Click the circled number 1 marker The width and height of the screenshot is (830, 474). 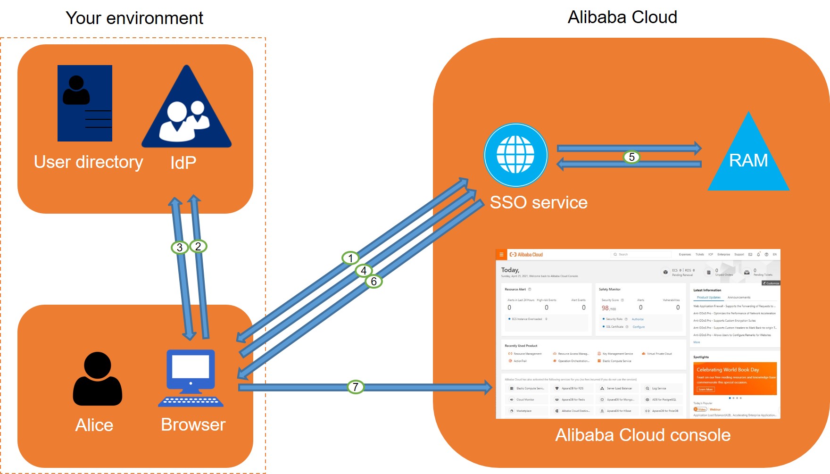pyautogui.click(x=350, y=258)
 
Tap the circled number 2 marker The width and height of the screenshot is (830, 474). pyautogui.click(x=198, y=246)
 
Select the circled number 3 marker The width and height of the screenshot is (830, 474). pyautogui.click(x=180, y=247)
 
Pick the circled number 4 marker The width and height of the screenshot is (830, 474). pyautogui.click(x=364, y=271)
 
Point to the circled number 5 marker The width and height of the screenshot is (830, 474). pyautogui.click(x=631, y=157)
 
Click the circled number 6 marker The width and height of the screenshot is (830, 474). pyautogui.click(x=373, y=282)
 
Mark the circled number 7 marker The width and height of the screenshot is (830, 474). pyautogui.click(x=356, y=387)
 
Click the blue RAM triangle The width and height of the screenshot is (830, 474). pyautogui.click(x=748, y=158)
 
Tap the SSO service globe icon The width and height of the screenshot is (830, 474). pyautogui.click(x=515, y=155)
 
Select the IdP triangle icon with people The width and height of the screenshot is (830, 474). pyautogui.click(x=187, y=111)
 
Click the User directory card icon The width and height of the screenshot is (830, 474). pyautogui.click(x=85, y=103)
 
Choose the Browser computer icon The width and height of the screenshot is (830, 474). pyautogui.click(x=191, y=378)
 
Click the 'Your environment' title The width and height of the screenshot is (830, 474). pyautogui.click(x=134, y=18)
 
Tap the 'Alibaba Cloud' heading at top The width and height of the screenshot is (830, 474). pyautogui.click(x=622, y=17)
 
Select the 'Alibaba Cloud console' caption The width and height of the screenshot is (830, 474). pyautogui.click(x=642, y=435)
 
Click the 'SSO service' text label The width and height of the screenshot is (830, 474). pyautogui.click(x=539, y=202)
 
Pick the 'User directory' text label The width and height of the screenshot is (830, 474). pyautogui.click(x=88, y=162)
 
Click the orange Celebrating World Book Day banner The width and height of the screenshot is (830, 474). pyautogui.click(x=735, y=378)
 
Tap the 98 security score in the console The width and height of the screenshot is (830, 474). pyautogui.click(x=605, y=308)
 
